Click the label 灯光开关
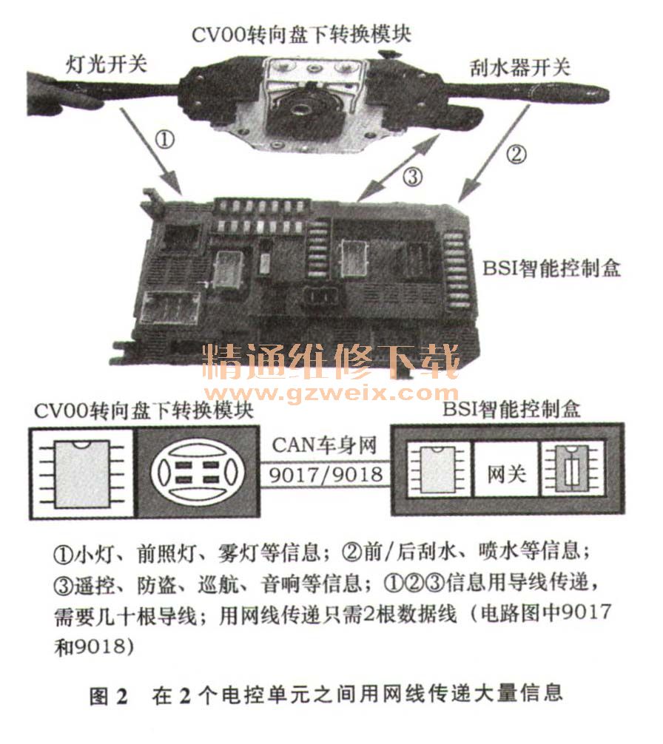(x=107, y=64)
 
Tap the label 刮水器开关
(x=520, y=67)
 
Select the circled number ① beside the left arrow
(x=165, y=140)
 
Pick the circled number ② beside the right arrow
(x=516, y=154)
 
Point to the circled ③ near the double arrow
(x=412, y=177)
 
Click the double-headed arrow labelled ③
(x=400, y=166)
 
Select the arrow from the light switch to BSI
(x=151, y=151)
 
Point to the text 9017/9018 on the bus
(x=326, y=473)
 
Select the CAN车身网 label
(x=325, y=445)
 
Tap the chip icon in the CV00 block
(x=81, y=473)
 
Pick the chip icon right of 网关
(x=572, y=469)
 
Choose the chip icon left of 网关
(x=437, y=470)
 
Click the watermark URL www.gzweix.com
(x=332, y=393)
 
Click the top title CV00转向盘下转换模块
(x=302, y=35)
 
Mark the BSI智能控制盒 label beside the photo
(x=551, y=268)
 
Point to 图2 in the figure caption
(x=109, y=695)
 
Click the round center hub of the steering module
(x=302, y=111)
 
